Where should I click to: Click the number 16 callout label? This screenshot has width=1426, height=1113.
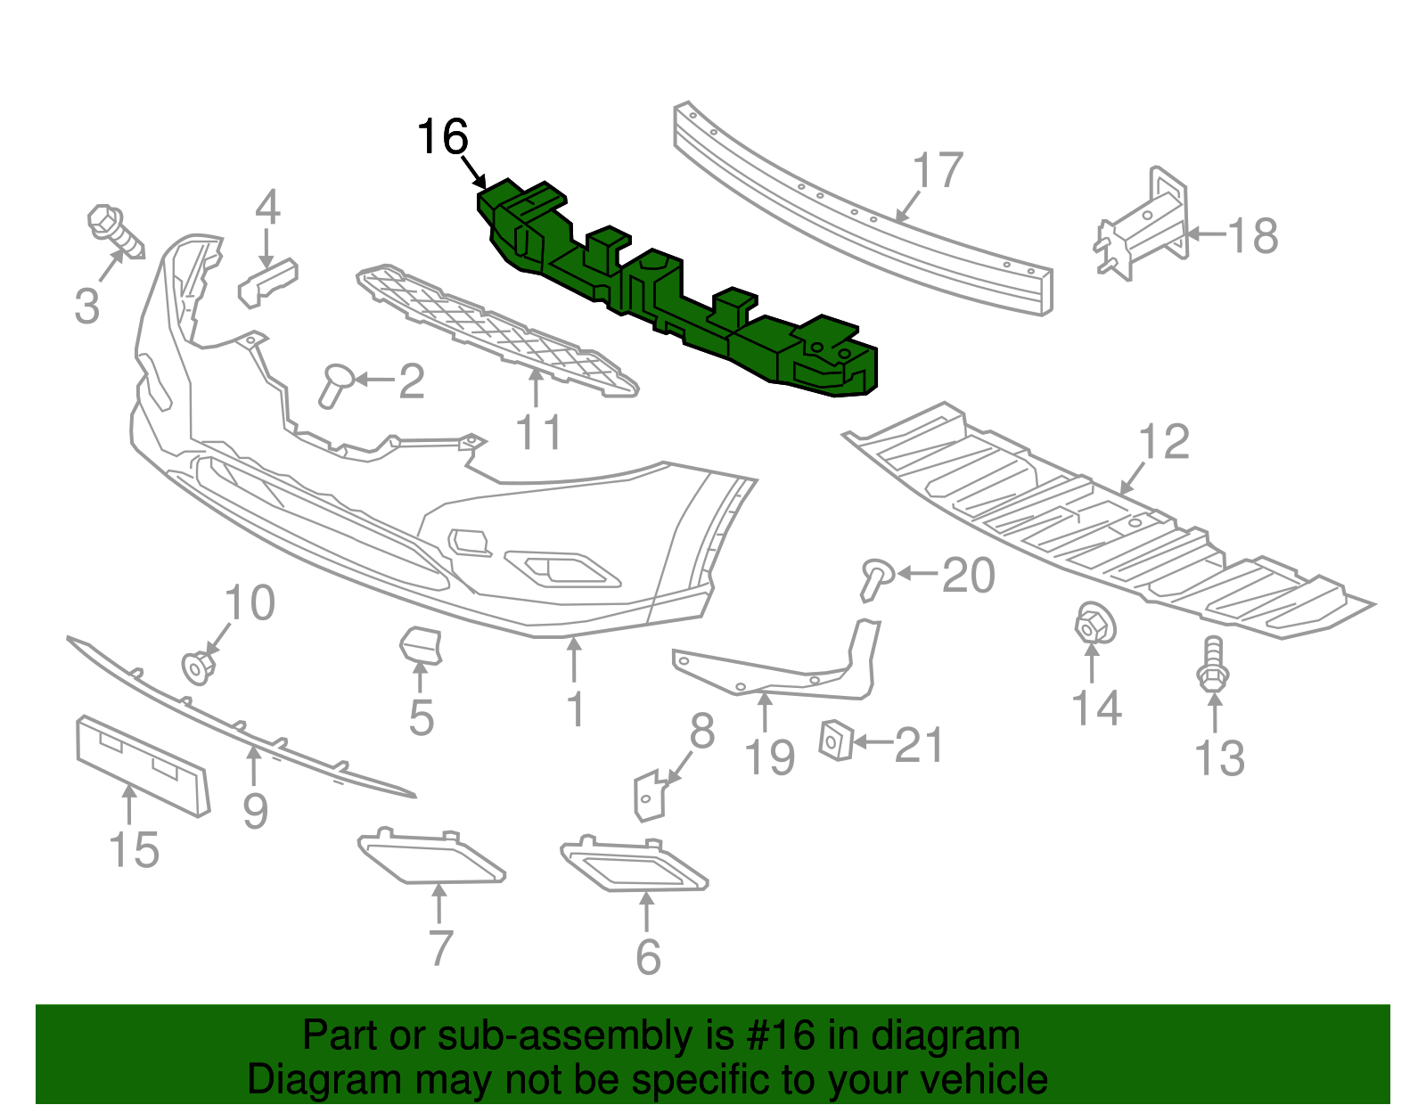pos(442,137)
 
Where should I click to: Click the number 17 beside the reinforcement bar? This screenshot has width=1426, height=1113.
pos(938,170)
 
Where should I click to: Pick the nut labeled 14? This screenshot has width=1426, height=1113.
pos(1094,623)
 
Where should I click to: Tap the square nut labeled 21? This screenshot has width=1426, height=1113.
pos(835,740)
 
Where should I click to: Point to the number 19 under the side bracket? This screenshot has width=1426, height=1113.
pos(769,758)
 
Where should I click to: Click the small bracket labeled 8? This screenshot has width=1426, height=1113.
pos(650,794)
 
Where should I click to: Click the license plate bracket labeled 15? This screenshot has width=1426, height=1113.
pos(143,765)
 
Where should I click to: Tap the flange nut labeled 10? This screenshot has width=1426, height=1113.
pos(198,667)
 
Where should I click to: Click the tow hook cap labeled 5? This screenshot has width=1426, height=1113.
pos(420,645)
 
